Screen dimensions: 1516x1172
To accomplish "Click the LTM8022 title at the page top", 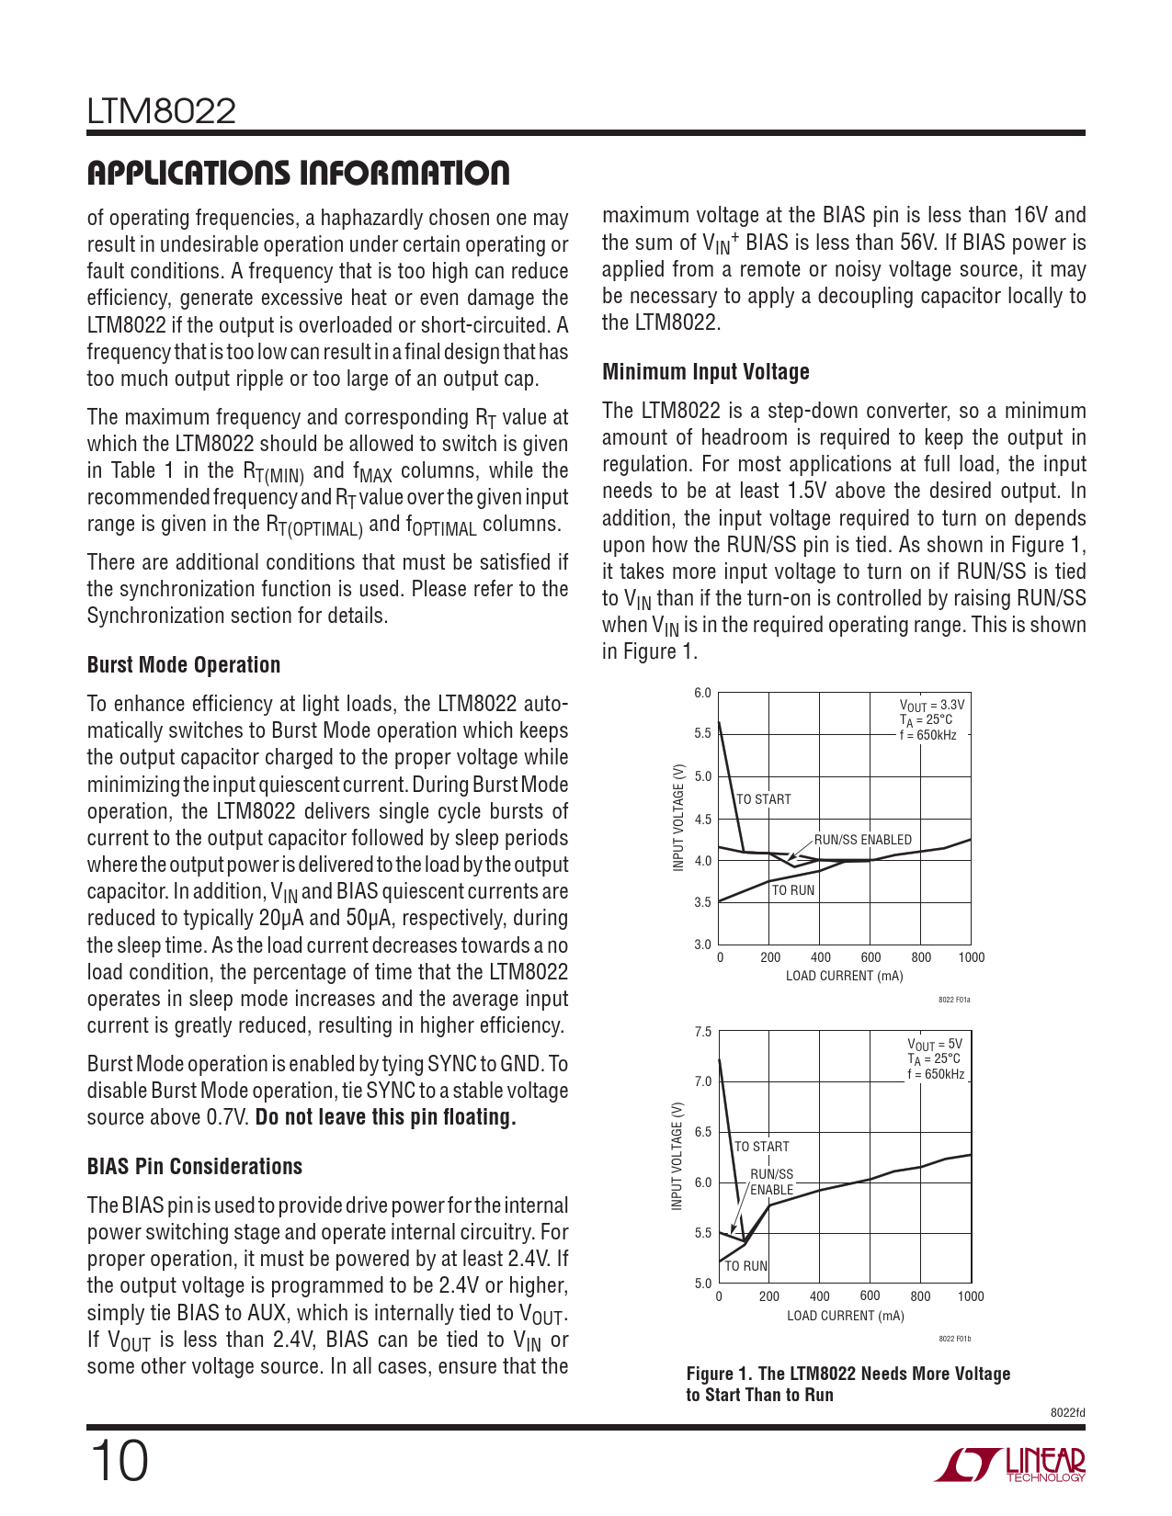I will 162,112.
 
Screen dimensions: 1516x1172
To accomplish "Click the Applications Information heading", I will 298,173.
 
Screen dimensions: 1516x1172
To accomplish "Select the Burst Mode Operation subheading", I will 184,665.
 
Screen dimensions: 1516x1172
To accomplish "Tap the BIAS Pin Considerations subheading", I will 195,1167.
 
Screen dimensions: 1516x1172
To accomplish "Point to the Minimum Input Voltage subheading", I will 706,372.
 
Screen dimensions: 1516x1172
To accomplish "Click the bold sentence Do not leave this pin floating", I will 386,1118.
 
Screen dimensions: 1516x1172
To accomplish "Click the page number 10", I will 119,1462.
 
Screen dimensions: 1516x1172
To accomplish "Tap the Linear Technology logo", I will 1010,1465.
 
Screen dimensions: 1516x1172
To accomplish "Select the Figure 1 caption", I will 848,1385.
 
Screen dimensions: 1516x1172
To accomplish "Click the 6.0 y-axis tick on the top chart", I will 702,693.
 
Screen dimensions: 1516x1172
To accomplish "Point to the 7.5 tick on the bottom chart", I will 703,1032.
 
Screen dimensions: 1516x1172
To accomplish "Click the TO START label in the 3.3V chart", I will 764,799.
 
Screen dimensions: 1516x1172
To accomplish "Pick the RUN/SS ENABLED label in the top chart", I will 863,840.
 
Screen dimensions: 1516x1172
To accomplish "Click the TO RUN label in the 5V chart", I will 746,1266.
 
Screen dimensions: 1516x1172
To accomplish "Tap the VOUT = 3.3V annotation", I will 932,706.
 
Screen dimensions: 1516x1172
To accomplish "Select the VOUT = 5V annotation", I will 935,1045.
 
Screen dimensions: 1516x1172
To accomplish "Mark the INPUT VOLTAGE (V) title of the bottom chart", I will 677,1156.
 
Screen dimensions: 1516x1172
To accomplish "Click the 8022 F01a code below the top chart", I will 954,1000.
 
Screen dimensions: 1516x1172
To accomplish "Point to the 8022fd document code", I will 1067,1413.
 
